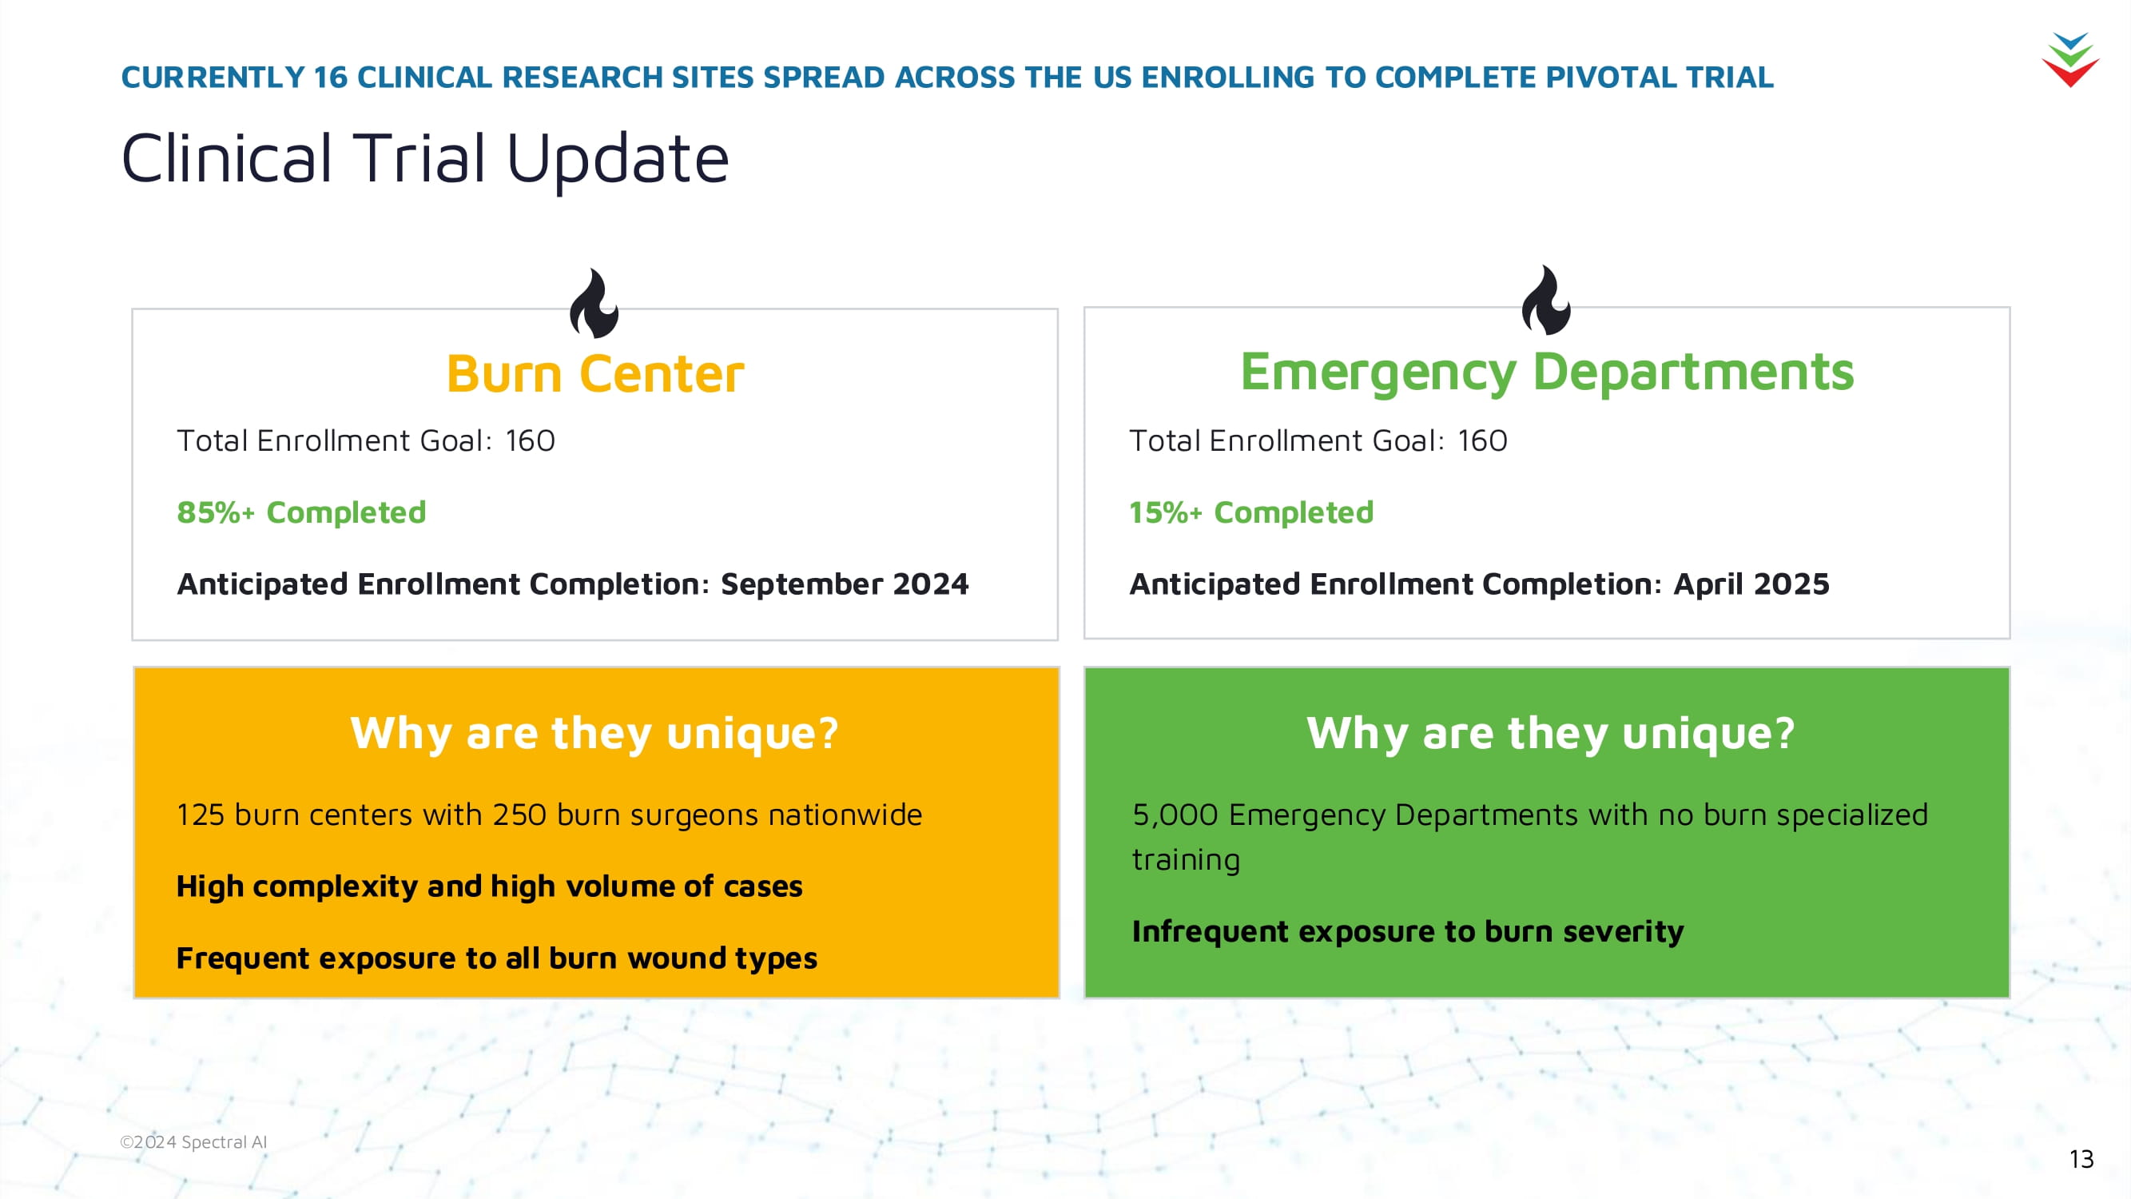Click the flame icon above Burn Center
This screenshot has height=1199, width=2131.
(594, 304)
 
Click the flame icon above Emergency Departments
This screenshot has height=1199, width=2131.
(1546, 301)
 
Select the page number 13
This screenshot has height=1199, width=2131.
(2081, 1158)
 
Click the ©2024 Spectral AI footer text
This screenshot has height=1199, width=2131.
(193, 1142)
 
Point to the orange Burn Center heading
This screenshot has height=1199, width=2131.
(594, 374)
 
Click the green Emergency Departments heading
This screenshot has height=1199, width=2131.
(1547, 372)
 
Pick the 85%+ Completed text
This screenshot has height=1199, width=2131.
(301, 513)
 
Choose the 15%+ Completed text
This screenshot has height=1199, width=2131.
(1250, 513)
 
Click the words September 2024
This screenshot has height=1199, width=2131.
(845, 584)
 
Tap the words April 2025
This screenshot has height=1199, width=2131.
(1751, 584)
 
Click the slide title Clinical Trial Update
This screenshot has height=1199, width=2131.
(425, 159)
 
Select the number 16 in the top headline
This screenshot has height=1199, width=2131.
(331, 77)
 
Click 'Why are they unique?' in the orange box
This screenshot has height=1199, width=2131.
(594, 733)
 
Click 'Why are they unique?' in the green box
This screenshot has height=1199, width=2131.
(1551, 733)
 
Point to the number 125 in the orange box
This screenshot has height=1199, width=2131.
(201, 815)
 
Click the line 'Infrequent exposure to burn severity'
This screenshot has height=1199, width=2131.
(1408, 932)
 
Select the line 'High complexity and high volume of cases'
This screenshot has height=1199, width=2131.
(490, 887)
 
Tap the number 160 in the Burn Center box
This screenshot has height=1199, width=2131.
(531, 441)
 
